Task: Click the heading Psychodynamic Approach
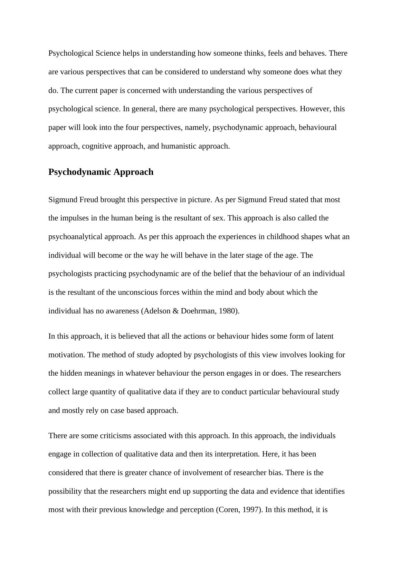point(101,172)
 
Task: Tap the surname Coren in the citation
point(228,510)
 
